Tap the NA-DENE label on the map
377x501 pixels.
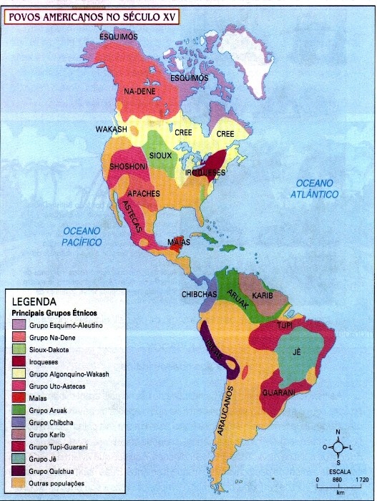(x=139, y=92)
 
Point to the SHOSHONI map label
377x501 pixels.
(x=128, y=167)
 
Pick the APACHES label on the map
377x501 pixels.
(x=148, y=194)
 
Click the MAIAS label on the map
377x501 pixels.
(x=179, y=243)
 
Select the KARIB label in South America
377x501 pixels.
(x=263, y=294)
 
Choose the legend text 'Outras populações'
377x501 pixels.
(x=58, y=484)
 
